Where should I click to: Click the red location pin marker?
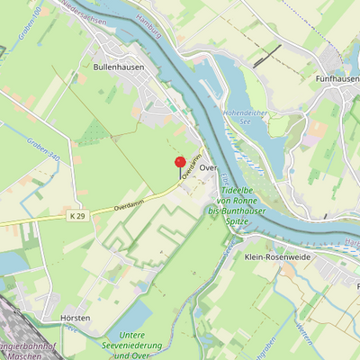(179, 163)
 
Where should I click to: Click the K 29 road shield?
(78, 216)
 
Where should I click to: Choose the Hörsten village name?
(76, 319)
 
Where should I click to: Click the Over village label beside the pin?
(208, 168)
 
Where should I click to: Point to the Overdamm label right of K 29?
(130, 203)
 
